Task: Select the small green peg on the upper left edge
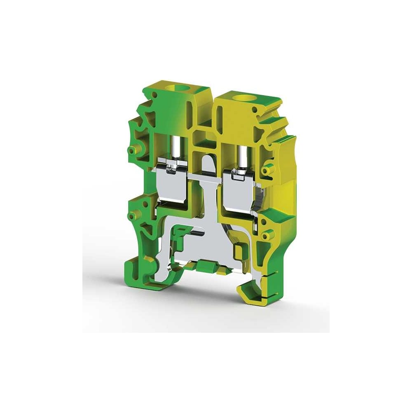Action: [x=132, y=150]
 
